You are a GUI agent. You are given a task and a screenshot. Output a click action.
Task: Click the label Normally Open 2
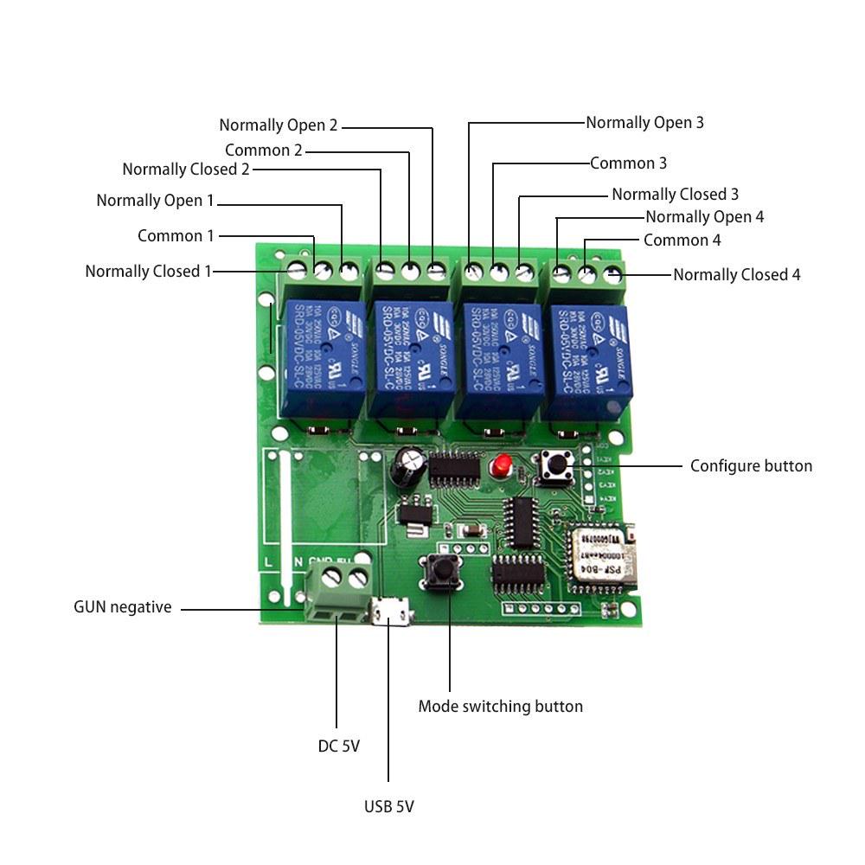pos(278,125)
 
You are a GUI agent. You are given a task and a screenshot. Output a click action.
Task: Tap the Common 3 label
pos(628,163)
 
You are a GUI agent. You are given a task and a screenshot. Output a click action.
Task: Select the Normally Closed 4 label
pos(736,275)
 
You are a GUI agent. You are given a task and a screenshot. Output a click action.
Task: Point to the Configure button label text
pos(751,465)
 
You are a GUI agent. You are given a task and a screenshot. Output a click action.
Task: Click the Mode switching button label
pos(500,706)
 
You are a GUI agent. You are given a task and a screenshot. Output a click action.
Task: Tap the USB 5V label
pos(388,807)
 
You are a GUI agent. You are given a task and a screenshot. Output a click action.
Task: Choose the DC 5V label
pos(338,746)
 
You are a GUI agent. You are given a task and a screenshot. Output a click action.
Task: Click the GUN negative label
pos(122,607)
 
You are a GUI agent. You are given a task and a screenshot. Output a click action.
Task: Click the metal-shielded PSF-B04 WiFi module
pos(599,554)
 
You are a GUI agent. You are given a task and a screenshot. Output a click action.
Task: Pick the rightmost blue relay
pos(592,358)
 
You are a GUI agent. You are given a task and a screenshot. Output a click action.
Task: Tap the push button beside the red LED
pos(554,468)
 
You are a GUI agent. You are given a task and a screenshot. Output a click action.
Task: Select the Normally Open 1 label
pos(155,201)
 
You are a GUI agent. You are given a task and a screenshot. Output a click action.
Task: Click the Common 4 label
pos(682,240)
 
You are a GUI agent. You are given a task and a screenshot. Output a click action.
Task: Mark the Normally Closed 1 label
pos(148,272)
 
